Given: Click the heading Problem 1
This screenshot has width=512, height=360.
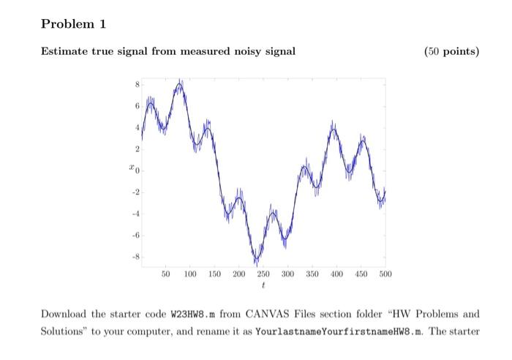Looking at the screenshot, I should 73,25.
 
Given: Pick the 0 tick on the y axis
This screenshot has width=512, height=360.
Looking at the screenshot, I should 136,171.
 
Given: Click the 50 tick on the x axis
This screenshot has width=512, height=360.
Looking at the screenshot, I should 166,274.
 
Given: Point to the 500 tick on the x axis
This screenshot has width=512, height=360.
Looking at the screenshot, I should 385,274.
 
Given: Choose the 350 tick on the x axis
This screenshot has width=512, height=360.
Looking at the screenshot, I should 312,274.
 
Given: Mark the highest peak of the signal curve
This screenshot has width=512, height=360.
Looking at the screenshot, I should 180,82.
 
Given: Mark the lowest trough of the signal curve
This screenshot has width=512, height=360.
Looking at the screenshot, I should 256,262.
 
